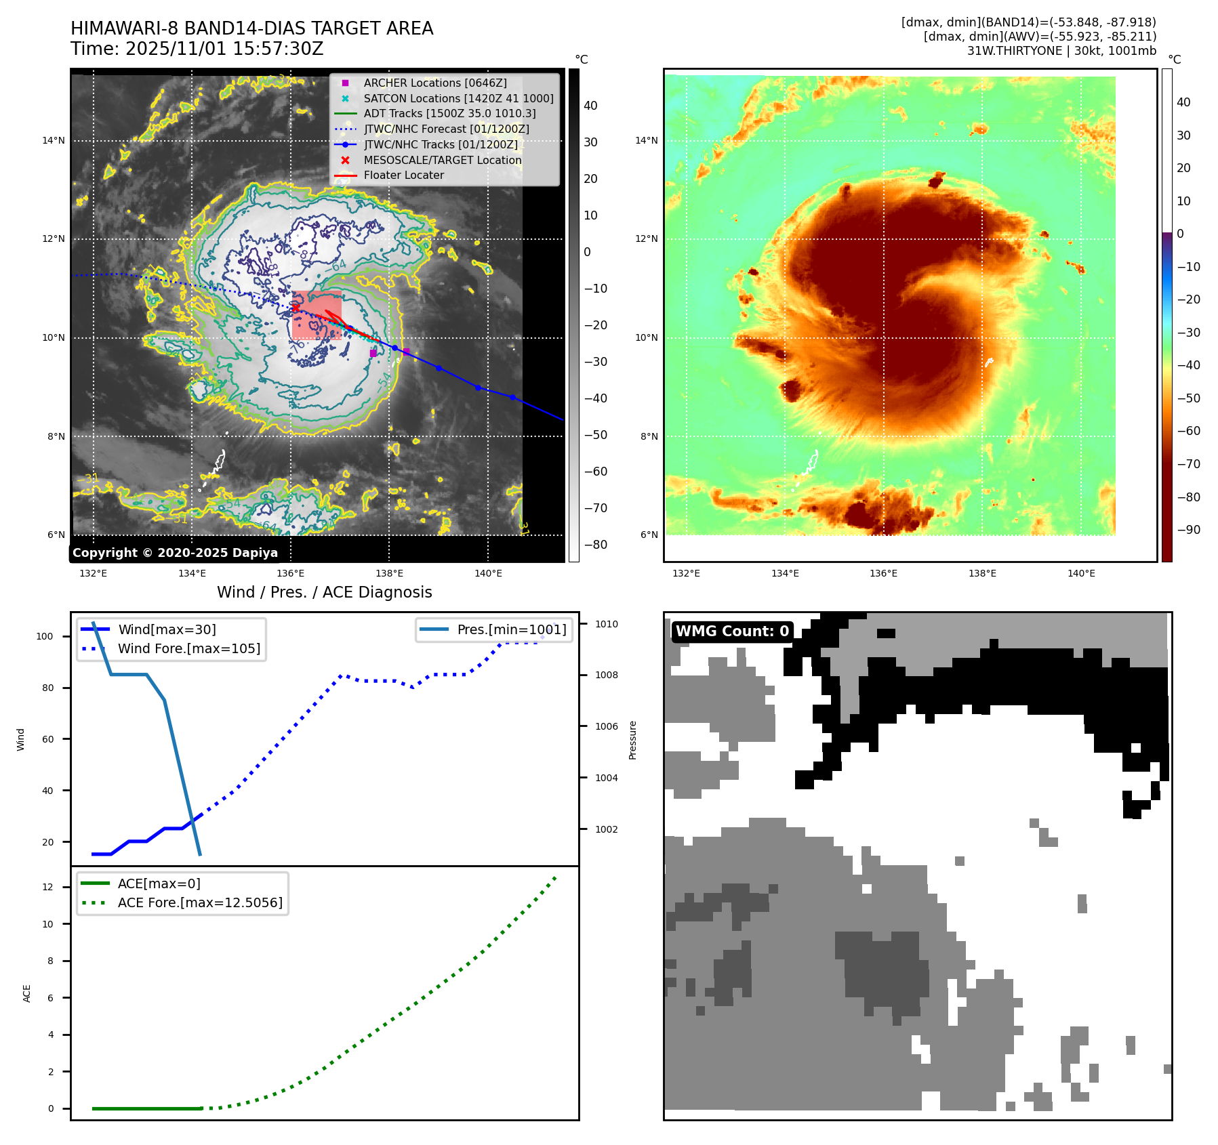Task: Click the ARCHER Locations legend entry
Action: (x=434, y=83)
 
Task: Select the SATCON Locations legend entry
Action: (x=458, y=98)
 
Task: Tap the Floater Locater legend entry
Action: (x=403, y=175)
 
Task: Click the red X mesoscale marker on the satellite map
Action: (x=296, y=308)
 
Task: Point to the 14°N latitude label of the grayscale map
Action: (x=54, y=141)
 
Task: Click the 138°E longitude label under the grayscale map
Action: (x=389, y=573)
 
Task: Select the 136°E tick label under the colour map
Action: (x=883, y=573)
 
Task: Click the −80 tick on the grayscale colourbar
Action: (x=596, y=545)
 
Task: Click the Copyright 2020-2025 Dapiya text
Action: (x=175, y=553)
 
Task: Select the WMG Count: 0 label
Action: (x=732, y=631)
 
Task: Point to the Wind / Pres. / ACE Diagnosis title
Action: (x=324, y=592)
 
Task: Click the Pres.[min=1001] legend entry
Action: (x=511, y=629)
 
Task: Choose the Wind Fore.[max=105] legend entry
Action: (x=188, y=648)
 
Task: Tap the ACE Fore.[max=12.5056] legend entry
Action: (x=200, y=902)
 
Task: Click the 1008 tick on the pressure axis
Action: (x=607, y=675)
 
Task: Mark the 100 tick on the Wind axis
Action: (x=44, y=636)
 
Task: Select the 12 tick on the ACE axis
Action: (x=47, y=887)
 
